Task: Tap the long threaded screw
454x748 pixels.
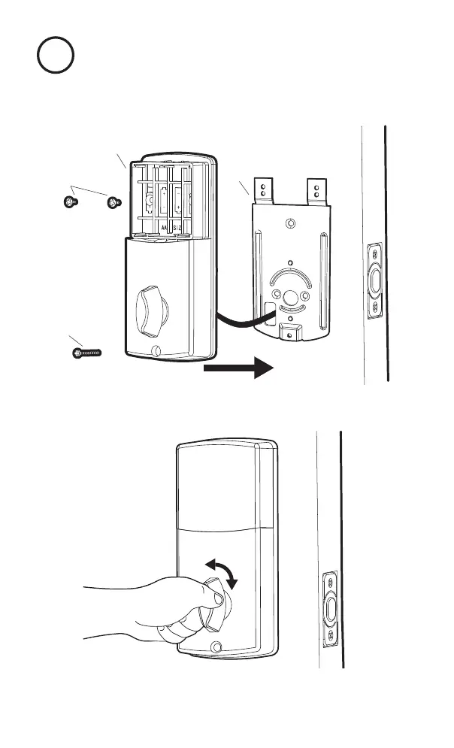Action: pyautogui.click(x=86, y=351)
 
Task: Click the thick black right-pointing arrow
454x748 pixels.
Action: pyautogui.click(x=238, y=369)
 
